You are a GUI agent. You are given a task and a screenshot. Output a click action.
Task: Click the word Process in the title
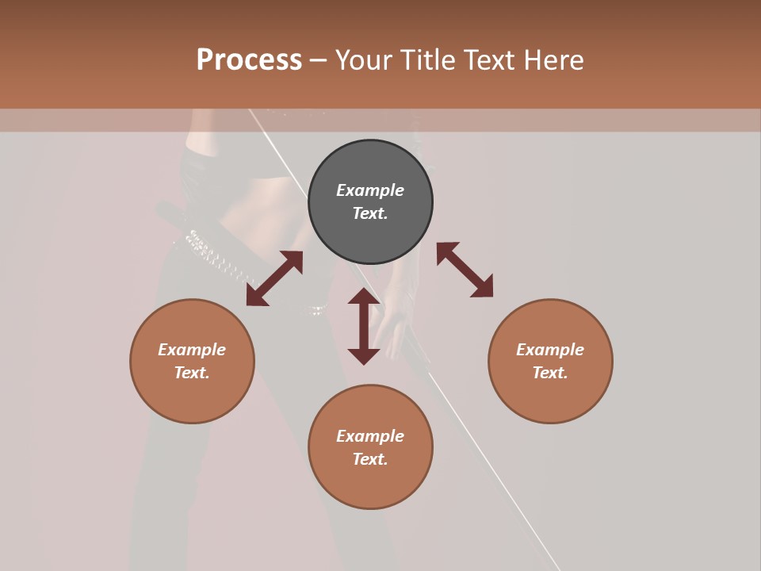tap(249, 60)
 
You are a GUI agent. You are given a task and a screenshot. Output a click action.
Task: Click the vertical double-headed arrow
tap(364, 326)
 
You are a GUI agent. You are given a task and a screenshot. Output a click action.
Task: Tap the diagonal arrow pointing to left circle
tap(274, 278)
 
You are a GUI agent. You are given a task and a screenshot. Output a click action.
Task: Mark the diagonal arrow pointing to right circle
tap(465, 270)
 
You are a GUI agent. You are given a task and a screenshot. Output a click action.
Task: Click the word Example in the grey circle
tap(370, 190)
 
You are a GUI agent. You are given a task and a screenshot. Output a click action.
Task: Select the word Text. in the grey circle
tap(370, 213)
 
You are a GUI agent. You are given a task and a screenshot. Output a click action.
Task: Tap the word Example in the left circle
tap(192, 350)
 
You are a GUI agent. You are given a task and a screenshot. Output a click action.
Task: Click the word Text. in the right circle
tap(550, 373)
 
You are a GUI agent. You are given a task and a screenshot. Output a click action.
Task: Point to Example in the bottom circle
tap(370, 436)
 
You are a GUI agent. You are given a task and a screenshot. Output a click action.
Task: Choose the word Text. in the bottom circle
tap(370, 459)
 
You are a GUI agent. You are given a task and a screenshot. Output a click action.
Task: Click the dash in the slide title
tap(318, 60)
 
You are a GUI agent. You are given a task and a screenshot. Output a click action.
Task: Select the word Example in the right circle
tap(550, 350)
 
